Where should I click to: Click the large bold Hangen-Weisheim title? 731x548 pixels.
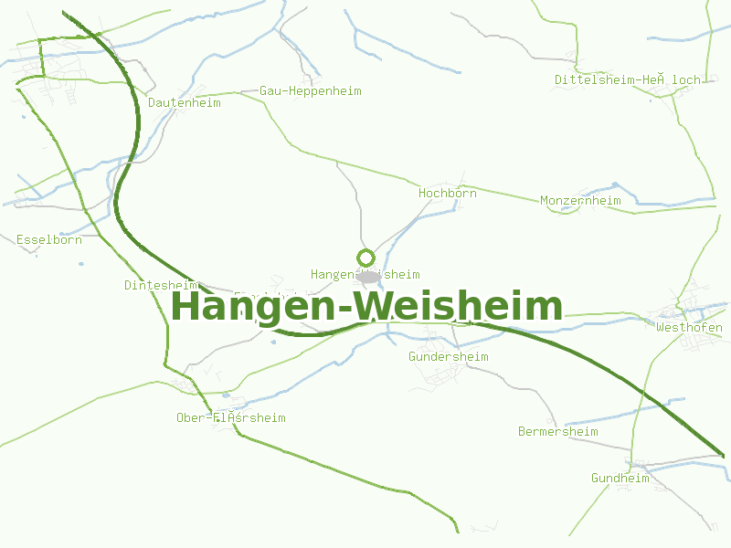[x=366, y=306]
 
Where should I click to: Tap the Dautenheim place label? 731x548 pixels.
[x=185, y=103]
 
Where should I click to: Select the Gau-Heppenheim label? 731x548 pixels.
[x=311, y=91]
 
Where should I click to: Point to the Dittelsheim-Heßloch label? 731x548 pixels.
[x=627, y=79]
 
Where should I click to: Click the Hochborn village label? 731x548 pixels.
[x=448, y=194]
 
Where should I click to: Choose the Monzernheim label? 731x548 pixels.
[x=580, y=201]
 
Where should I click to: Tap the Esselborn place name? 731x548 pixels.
[x=49, y=240]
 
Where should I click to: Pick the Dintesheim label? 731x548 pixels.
[x=161, y=285]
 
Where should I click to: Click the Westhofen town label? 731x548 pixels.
[x=689, y=327]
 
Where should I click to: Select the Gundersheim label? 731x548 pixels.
[x=449, y=356]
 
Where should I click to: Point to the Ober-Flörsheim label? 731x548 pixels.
[x=231, y=417]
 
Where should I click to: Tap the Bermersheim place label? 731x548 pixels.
[x=557, y=431]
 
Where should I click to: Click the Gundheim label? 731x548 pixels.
[x=620, y=478]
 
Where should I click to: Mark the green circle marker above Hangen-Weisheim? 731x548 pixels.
[x=366, y=258]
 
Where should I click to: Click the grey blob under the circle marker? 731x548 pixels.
[x=368, y=276]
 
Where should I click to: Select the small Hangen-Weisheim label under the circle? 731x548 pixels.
[x=365, y=274]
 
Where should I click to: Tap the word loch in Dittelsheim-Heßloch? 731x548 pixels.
[x=686, y=79]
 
